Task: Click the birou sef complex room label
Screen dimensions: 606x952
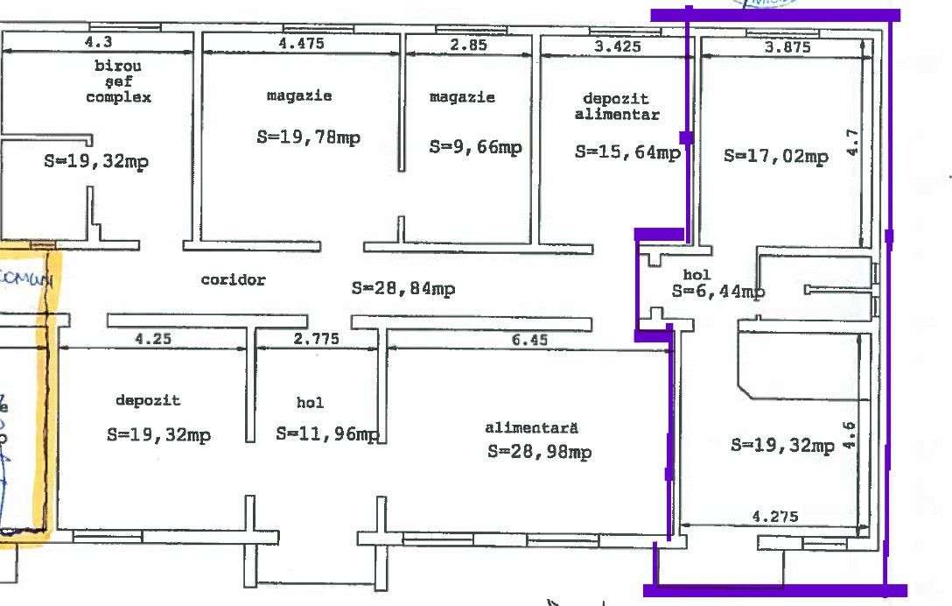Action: tap(118, 81)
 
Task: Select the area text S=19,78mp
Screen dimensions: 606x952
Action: tap(308, 137)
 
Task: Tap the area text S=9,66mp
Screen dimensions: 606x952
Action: tap(475, 147)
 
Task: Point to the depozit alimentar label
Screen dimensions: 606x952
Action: tap(617, 107)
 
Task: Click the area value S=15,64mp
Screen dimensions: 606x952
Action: tap(627, 151)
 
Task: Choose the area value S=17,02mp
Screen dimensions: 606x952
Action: tap(775, 157)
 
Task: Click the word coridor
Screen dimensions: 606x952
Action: tap(233, 280)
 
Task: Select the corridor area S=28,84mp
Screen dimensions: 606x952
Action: tap(403, 288)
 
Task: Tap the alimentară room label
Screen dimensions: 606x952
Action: tap(532, 428)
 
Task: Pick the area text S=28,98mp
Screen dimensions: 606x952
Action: tap(539, 452)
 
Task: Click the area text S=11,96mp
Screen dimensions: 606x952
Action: tap(327, 433)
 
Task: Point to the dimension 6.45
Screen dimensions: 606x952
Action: tap(531, 340)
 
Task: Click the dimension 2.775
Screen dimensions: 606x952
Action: tap(317, 340)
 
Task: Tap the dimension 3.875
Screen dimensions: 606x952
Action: tap(787, 47)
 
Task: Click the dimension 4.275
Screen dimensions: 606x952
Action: tap(775, 517)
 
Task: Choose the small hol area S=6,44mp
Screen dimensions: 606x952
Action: tap(718, 292)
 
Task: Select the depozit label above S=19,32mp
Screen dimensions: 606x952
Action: tap(148, 400)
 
